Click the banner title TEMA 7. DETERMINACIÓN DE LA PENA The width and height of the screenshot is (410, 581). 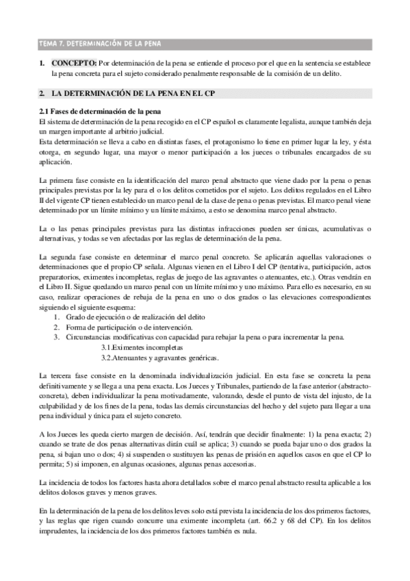[100, 45]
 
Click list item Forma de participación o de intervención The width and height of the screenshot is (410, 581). [129, 327]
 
